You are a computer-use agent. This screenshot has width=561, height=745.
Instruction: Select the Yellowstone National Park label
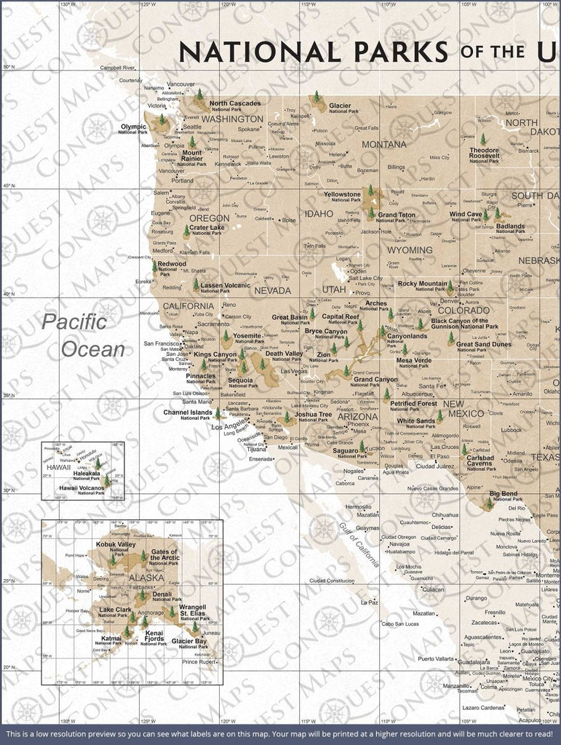click(342, 197)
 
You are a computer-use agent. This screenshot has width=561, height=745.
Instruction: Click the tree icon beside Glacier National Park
click(316, 97)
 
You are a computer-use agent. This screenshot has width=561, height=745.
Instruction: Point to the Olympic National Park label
click(133, 129)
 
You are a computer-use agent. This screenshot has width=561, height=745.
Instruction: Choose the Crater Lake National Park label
click(207, 230)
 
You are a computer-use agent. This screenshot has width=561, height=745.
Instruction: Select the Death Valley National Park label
click(284, 356)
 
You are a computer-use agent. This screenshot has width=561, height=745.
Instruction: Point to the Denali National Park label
click(162, 596)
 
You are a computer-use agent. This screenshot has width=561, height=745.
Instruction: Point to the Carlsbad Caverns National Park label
click(480, 462)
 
